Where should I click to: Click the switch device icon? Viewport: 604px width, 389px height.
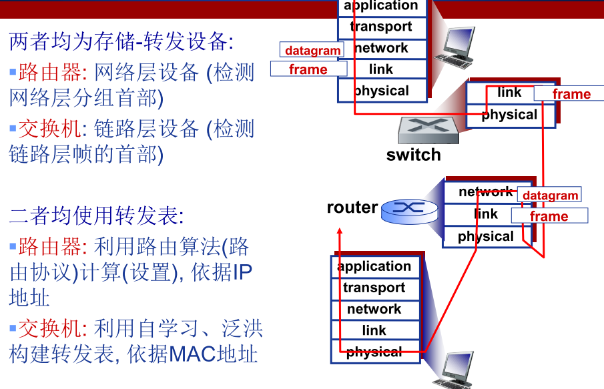(428, 131)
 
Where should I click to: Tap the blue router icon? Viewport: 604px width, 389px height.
(410, 212)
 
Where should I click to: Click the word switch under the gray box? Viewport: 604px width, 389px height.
(413, 155)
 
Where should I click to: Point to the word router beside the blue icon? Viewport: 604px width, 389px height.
(352, 208)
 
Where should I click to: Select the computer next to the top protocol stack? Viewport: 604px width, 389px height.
(455, 47)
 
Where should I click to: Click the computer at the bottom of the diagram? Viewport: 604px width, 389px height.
(453, 370)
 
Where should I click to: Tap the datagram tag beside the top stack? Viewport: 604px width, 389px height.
(312, 49)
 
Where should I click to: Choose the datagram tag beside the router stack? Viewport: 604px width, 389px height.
(550, 195)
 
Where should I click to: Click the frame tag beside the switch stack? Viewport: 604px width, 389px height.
(570, 93)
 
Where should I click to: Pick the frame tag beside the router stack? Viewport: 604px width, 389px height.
(550, 216)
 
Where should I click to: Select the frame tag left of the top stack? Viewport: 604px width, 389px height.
(309, 69)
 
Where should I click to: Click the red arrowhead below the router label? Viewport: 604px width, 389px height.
(339, 231)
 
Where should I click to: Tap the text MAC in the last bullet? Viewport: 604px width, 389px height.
(192, 354)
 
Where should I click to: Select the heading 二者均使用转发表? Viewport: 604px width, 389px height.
(96, 216)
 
